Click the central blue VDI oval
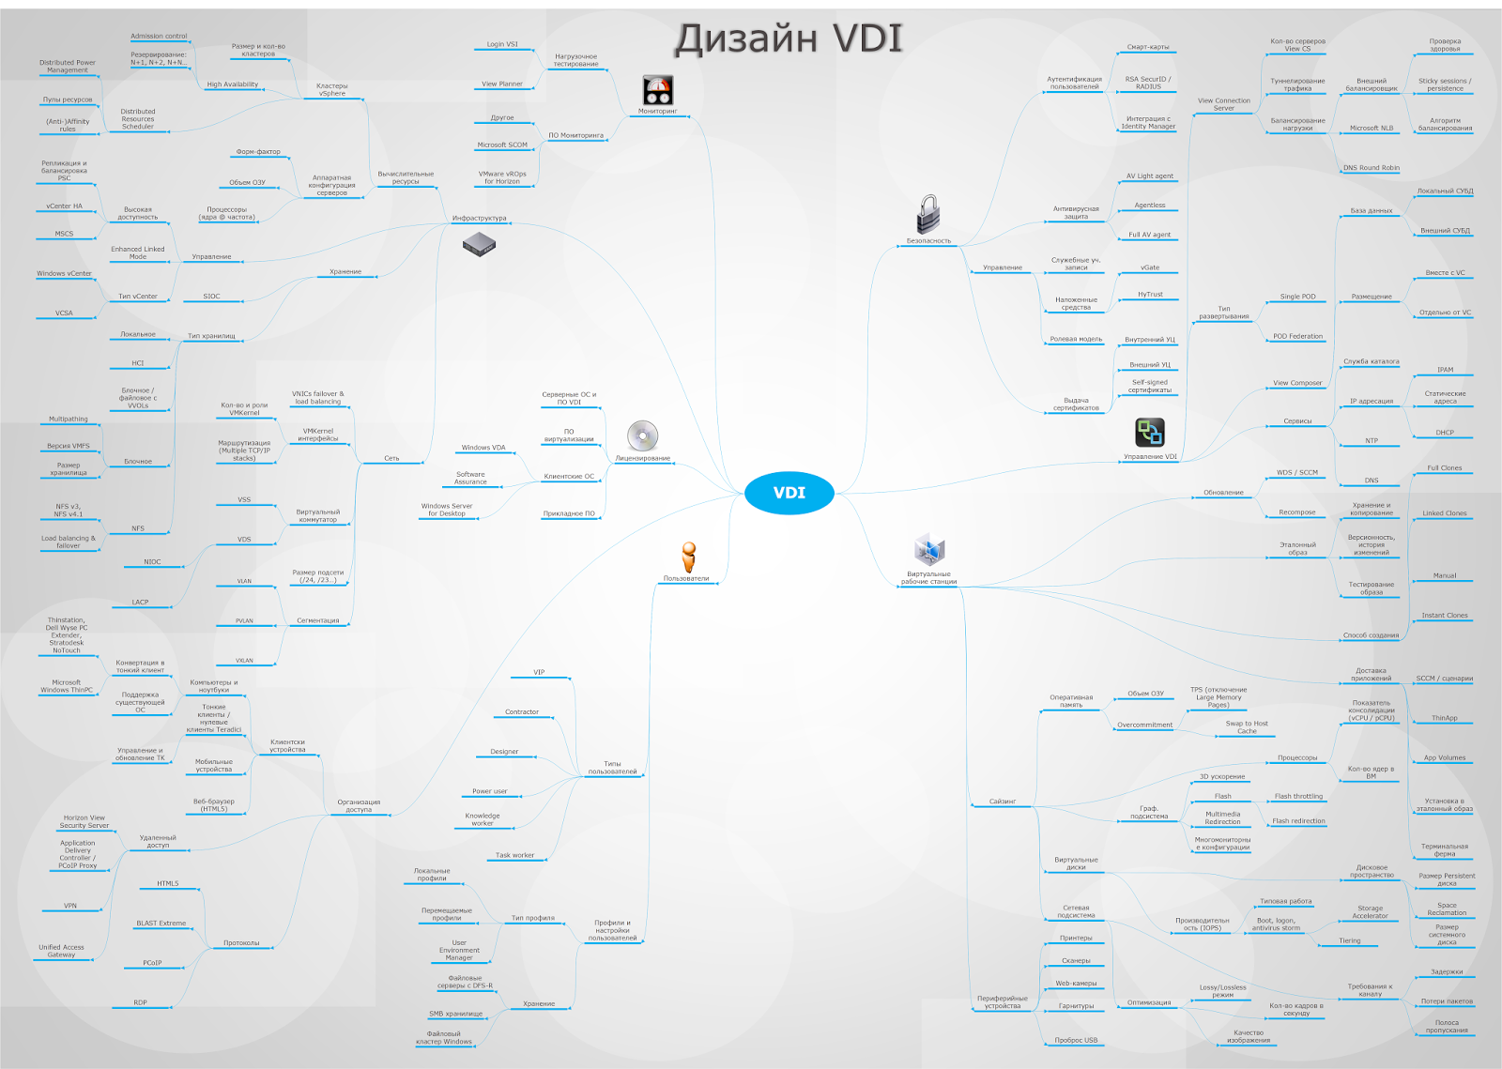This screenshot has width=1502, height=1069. (789, 493)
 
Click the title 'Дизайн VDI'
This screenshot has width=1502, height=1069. (789, 39)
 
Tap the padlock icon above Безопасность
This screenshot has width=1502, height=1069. (927, 214)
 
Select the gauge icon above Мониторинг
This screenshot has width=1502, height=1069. (657, 90)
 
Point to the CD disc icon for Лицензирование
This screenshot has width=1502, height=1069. (642, 435)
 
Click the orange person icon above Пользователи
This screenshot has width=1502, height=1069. (688, 557)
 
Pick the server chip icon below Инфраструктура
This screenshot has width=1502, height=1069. (479, 245)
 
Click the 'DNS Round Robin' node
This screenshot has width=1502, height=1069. (1371, 168)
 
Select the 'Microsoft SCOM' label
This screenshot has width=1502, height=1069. (502, 145)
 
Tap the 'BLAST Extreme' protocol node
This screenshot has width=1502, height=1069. (161, 923)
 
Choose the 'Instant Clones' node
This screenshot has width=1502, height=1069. (1444, 616)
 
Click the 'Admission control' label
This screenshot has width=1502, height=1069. (159, 37)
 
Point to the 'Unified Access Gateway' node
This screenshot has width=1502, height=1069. (61, 951)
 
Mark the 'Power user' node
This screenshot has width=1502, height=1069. (489, 791)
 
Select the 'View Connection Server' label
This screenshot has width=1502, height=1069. (1223, 104)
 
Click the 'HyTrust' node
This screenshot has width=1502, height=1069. (1150, 294)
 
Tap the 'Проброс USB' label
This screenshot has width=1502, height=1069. (1076, 1040)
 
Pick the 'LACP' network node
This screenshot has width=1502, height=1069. (140, 602)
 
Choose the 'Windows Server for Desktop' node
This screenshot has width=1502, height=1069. (447, 510)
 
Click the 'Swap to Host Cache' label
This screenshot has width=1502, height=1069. (1246, 727)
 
